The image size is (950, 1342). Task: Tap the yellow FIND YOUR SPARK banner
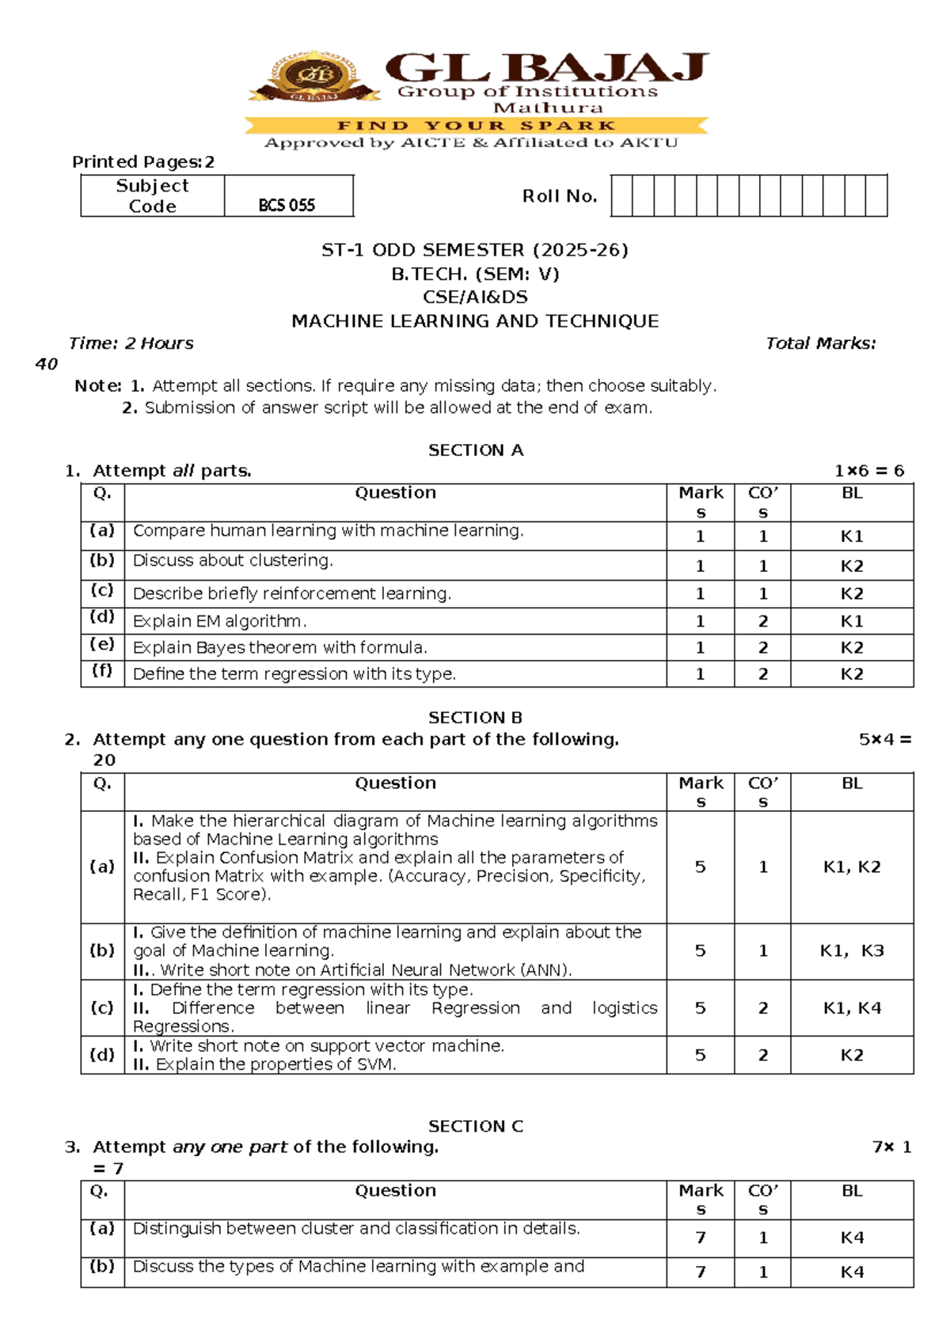475,125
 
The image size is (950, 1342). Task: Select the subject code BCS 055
287,206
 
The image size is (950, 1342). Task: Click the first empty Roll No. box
621,196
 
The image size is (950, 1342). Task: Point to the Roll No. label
559,196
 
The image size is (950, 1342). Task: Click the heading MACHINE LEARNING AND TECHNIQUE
475,321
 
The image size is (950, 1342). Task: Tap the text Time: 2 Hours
131,343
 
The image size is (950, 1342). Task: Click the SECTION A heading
476,450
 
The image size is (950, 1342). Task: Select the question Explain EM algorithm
219,621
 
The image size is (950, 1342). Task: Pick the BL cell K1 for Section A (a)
851,536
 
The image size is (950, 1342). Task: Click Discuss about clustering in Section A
233,560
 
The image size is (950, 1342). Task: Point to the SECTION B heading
475,718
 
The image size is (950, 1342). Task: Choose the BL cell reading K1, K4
852,1008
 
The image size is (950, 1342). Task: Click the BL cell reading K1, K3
852,950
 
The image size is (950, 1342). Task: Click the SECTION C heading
476,1126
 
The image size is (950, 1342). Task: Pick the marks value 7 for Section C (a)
700,1238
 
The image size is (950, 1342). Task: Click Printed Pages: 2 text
143,162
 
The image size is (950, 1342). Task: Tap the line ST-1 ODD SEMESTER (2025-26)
475,250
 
